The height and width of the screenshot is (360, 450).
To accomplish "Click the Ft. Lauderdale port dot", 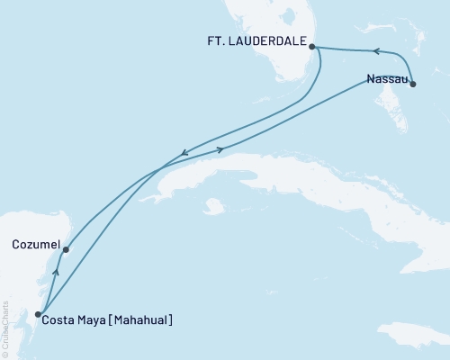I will (x=311, y=47).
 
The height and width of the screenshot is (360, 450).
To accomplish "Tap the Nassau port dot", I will (x=413, y=83).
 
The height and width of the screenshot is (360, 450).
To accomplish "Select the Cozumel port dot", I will (x=66, y=250).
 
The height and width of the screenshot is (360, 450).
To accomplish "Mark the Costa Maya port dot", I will (x=38, y=314).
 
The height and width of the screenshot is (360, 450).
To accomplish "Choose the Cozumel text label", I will (x=37, y=244).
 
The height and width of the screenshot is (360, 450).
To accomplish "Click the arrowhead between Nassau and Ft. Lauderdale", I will (x=376, y=51).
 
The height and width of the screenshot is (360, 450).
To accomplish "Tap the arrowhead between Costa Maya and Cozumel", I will (x=56, y=271).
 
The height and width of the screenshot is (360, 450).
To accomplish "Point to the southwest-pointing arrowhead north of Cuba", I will (x=184, y=153).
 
